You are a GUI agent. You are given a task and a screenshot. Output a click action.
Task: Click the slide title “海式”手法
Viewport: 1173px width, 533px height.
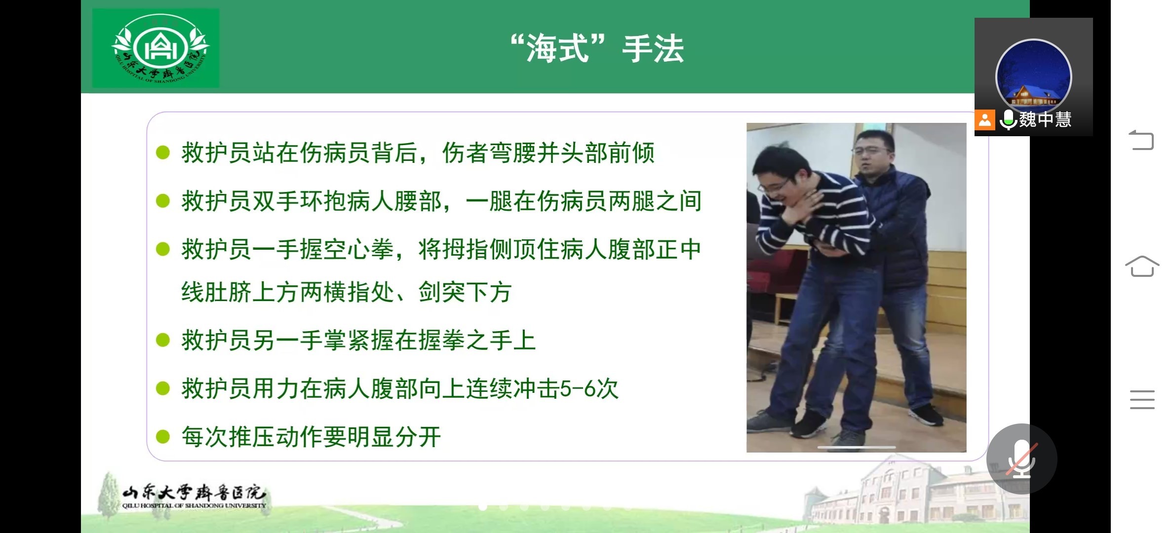tap(597, 49)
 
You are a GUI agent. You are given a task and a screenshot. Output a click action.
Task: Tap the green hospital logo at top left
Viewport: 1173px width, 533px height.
tap(156, 48)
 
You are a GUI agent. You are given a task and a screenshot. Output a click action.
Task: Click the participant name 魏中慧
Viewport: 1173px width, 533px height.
tap(1045, 119)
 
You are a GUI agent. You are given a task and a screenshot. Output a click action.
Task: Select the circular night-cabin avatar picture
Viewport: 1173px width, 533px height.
tap(1034, 77)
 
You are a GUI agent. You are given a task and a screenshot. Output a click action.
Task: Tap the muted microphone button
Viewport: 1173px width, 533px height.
tap(1021, 459)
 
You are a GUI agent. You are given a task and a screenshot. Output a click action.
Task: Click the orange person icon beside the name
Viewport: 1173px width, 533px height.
tap(984, 120)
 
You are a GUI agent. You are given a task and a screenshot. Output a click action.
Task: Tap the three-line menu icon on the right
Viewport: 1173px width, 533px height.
tap(1142, 400)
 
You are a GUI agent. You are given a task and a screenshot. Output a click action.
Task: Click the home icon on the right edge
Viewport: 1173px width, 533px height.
tap(1142, 266)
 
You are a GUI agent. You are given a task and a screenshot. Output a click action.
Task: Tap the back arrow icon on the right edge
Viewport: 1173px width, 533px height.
tap(1141, 140)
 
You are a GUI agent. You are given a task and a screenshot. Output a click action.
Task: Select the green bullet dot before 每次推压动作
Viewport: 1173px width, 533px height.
tap(163, 437)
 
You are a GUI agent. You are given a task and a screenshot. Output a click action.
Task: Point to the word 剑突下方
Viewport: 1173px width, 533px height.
tap(465, 292)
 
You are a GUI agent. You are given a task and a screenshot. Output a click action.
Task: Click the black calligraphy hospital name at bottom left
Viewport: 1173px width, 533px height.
tap(194, 492)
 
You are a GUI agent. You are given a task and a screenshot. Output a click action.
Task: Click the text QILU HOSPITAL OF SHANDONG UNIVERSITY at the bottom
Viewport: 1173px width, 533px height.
tap(194, 505)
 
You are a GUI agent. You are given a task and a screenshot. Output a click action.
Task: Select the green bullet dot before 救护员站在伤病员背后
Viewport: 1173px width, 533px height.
tap(163, 152)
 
